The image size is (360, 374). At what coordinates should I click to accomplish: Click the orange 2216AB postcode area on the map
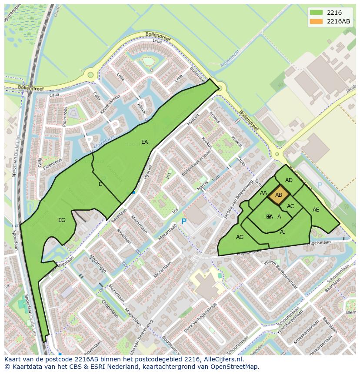279,195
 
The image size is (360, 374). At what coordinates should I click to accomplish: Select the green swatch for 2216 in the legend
316,13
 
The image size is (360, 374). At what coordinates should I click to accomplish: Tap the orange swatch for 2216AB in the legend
316,21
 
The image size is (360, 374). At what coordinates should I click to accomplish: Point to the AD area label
289,180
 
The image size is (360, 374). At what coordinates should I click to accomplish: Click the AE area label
316,210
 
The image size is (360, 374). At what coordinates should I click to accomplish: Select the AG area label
240,237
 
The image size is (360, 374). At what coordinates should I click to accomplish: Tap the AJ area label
283,232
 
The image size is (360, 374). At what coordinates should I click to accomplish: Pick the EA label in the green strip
144,142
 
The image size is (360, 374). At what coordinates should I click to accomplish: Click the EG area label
62,220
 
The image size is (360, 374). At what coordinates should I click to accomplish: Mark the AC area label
290,206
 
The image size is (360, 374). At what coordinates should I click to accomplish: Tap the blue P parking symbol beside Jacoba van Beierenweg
183,222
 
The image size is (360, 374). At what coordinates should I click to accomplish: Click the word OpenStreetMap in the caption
237,367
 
